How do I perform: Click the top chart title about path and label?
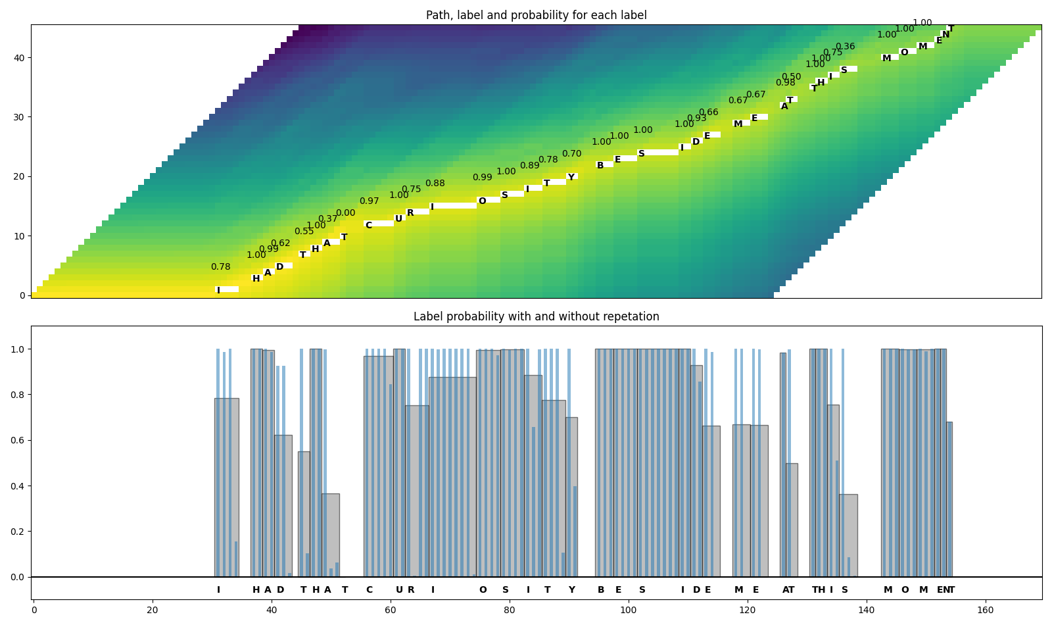tap(536, 15)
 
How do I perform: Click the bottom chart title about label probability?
tap(536, 316)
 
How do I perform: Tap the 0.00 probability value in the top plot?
tap(345, 213)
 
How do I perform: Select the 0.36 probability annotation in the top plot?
tap(845, 47)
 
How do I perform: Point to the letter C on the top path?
tap(368, 226)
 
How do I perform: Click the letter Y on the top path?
tap(571, 178)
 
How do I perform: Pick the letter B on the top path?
tap(600, 166)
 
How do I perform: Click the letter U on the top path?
tap(398, 219)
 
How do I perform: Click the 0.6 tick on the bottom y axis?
tap(19, 440)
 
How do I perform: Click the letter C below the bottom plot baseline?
tap(369, 590)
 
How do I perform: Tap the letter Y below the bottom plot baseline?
tap(571, 590)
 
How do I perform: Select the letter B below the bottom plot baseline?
tap(600, 590)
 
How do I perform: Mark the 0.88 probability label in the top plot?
tap(435, 184)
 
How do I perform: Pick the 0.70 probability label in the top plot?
tap(571, 154)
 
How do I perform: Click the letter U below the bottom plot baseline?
tap(398, 590)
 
